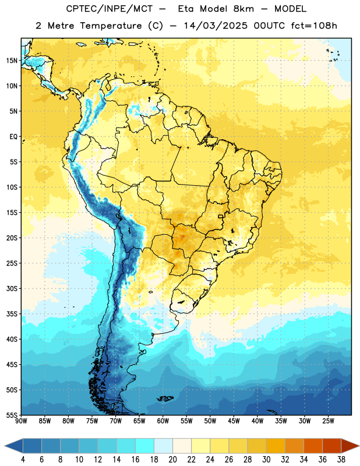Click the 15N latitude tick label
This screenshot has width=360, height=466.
point(12,61)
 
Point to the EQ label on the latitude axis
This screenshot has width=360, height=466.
point(13,137)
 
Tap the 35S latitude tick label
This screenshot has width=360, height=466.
point(12,314)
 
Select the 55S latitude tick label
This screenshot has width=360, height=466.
point(12,415)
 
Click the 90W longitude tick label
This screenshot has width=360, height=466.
point(21,421)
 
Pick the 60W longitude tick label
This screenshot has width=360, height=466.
point(163,421)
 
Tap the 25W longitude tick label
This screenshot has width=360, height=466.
point(328,421)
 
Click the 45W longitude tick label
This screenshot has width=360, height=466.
point(234,421)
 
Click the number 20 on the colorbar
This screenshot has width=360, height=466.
point(172,460)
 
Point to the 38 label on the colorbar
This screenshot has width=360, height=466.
point(341,460)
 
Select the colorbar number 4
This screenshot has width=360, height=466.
point(23,460)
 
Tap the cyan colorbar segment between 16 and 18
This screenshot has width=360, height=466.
point(145,446)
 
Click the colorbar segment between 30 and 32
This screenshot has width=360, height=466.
point(276,446)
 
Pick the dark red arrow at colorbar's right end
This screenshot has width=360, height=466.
point(350,446)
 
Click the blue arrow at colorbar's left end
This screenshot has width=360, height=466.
point(14,446)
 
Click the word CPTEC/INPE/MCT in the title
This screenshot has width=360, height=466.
point(110,9)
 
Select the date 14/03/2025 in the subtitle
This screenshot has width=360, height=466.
point(216,26)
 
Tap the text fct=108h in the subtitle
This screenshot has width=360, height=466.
point(314,26)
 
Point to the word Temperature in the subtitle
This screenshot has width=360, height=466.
point(111,26)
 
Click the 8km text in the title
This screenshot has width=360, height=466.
point(243,9)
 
